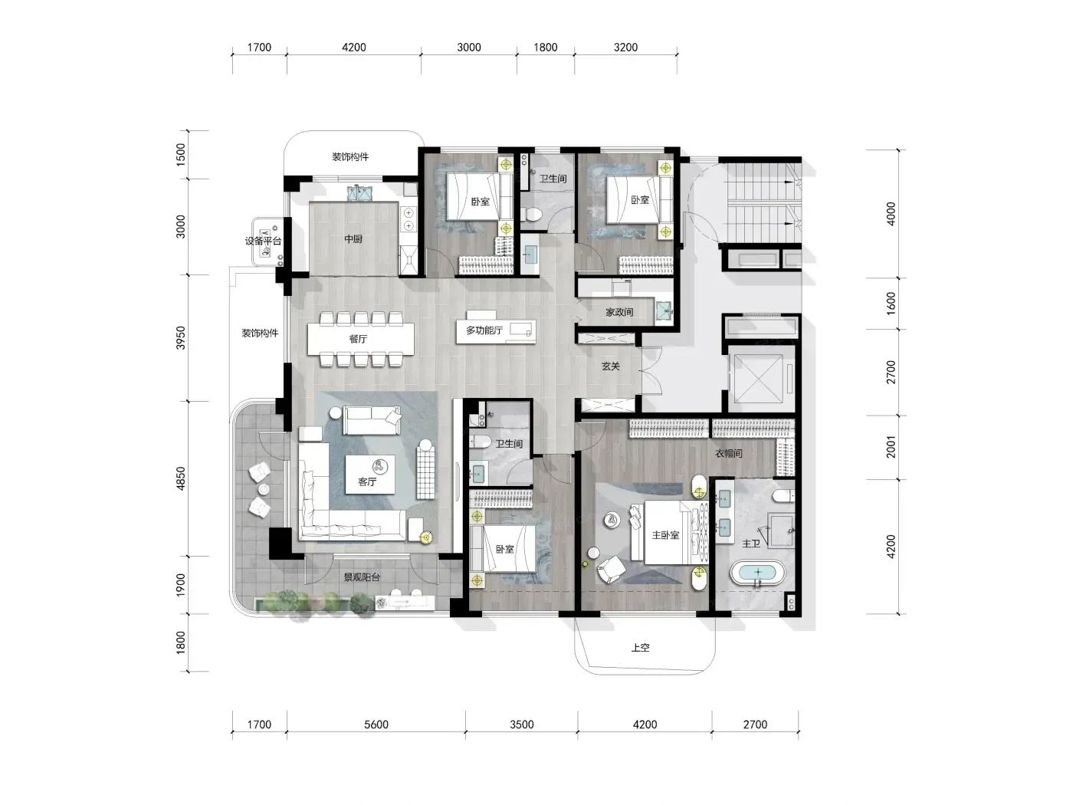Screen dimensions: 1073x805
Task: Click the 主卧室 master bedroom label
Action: (665, 535)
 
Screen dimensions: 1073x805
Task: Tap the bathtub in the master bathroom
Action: (757, 573)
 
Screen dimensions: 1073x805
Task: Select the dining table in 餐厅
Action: (361, 339)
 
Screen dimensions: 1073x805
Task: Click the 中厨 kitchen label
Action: (353, 239)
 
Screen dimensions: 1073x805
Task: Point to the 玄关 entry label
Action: (611, 366)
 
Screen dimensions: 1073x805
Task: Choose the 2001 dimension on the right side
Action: (891, 447)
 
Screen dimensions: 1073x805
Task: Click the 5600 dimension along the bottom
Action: (376, 724)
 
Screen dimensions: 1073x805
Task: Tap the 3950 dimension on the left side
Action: (181, 338)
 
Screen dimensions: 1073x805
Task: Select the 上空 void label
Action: (641, 648)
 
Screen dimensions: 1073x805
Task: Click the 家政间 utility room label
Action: (619, 312)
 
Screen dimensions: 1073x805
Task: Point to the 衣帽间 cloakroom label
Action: (728, 454)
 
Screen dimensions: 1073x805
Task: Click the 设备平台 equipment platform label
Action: (263, 241)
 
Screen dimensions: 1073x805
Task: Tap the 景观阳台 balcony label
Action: (362, 577)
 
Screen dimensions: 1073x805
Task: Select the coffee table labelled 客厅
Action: (370, 475)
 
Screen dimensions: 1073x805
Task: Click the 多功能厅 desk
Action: (496, 331)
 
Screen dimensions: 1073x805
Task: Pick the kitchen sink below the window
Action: (359, 193)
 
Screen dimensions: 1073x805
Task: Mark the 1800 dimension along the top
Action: (546, 48)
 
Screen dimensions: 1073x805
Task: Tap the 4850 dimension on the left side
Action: (181, 478)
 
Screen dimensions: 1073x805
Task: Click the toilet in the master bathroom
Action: (784, 496)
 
